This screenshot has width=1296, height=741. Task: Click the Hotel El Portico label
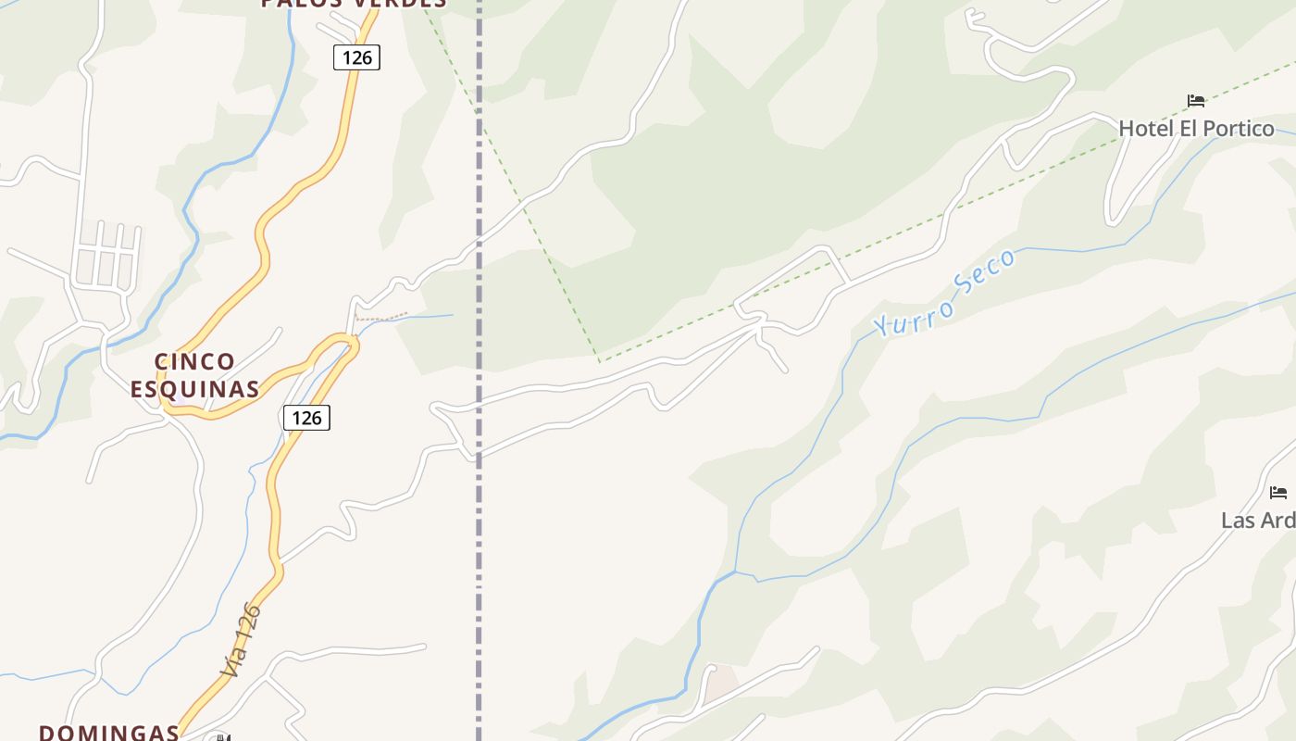(1196, 128)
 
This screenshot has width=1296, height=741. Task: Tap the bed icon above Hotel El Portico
(1196, 101)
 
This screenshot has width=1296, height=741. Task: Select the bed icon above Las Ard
(1277, 493)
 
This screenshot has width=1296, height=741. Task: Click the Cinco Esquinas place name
(194, 375)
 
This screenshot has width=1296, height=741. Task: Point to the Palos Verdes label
(354, 4)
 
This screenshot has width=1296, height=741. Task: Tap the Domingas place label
(108, 732)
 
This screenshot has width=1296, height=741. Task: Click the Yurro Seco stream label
(944, 294)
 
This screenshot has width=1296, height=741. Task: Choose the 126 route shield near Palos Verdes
(356, 57)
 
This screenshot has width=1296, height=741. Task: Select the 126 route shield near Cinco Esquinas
(306, 418)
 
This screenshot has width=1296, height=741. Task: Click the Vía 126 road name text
(242, 639)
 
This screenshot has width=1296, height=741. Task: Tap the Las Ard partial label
(1258, 520)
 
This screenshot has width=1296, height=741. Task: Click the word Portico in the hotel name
(1239, 128)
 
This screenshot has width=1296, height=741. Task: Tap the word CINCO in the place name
(194, 361)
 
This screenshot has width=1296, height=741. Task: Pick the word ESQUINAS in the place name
(194, 389)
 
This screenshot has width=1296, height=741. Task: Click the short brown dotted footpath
(381, 317)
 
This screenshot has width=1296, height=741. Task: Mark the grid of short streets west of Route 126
(107, 256)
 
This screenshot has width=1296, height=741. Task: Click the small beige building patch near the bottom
(721, 684)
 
